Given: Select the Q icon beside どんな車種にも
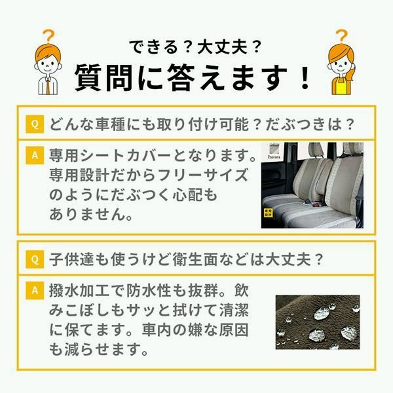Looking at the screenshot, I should (34, 124).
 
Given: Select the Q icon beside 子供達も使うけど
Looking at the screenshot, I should (34, 259).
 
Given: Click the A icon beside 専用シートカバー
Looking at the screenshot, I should (34, 156).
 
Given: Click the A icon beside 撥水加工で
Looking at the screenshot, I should (34, 289).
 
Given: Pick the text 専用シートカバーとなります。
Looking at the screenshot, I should (152, 157).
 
